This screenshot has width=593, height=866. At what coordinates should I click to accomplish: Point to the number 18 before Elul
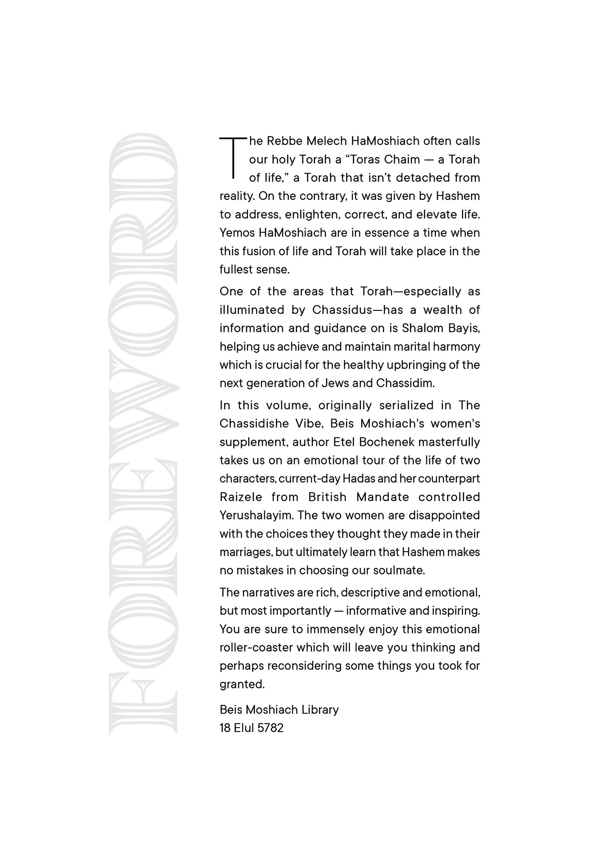coord(225,728)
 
